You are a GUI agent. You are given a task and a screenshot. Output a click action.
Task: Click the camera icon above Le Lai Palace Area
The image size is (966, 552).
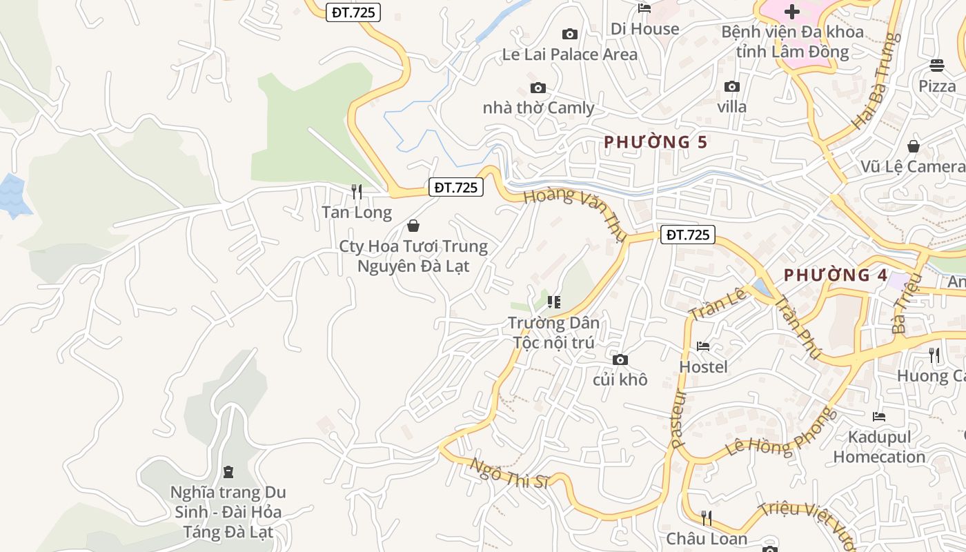(570, 34)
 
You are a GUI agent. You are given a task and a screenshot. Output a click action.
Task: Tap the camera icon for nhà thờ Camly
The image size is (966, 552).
(538, 88)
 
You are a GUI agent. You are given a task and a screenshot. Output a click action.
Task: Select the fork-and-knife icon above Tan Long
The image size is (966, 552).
(357, 192)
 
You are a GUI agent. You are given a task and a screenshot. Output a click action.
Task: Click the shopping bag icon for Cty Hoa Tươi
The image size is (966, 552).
(413, 226)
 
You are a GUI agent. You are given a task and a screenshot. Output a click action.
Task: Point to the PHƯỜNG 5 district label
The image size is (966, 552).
(655, 142)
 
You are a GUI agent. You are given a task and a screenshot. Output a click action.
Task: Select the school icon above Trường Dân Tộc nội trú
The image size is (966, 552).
(553, 302)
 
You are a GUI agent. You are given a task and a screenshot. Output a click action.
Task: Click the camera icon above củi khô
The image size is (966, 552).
(620, 359)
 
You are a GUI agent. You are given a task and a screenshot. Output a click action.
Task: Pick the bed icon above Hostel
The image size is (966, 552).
(703, 346)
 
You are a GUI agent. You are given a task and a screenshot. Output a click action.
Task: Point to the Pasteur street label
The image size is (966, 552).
(678, 419)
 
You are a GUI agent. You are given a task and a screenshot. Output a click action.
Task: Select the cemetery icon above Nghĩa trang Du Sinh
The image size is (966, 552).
(228, 472)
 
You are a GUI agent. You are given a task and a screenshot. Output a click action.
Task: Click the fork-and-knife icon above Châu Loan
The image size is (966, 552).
(706, 517)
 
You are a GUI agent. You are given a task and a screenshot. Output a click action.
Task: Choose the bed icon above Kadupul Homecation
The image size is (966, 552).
(878, 416)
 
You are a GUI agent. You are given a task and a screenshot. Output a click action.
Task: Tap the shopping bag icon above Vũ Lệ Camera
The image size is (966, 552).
(914, 146)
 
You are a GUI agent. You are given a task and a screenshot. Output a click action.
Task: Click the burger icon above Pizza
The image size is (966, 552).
(936, 66)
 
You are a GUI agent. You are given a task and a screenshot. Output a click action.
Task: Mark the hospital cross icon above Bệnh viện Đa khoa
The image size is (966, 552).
(791, 11)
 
